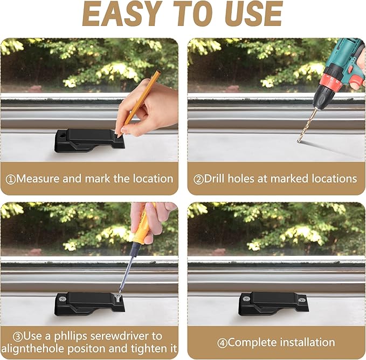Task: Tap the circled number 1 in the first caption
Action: (x=10, y=180)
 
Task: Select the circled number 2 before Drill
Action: (x=199, y=180)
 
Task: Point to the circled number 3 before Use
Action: (x=18, y=337)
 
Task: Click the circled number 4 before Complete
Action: (x=223, y=343)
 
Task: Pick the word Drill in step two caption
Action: (x=215, y=179)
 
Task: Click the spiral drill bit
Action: (x=307, y=125)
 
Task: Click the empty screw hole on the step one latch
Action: (x=63, y=135)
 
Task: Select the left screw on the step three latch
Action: (x=63, y=299)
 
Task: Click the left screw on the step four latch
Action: (x=246, y=298)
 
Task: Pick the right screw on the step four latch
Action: (x=302, y=300)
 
